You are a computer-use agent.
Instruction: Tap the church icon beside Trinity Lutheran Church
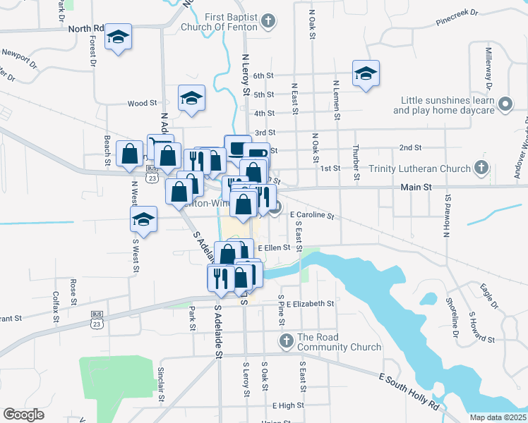point(481,168)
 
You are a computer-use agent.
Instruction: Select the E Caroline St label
point(311,216)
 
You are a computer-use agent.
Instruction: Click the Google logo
point(23,414)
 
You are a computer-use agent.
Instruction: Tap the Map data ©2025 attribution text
point(497,417)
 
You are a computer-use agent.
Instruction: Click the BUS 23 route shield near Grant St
point(97,318)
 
